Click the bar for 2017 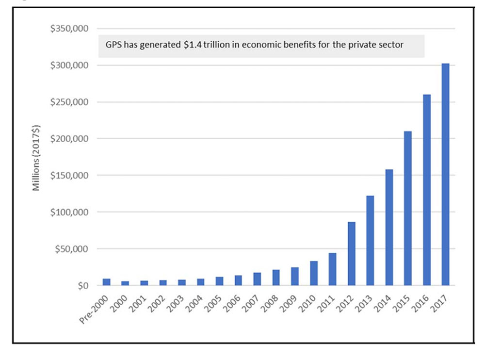click(445, 175)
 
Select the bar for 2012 click(352, 254)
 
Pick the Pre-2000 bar click(106, 282)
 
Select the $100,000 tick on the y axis click(69, 212)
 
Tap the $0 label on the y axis click(83, 286)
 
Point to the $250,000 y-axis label click(69, 102)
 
